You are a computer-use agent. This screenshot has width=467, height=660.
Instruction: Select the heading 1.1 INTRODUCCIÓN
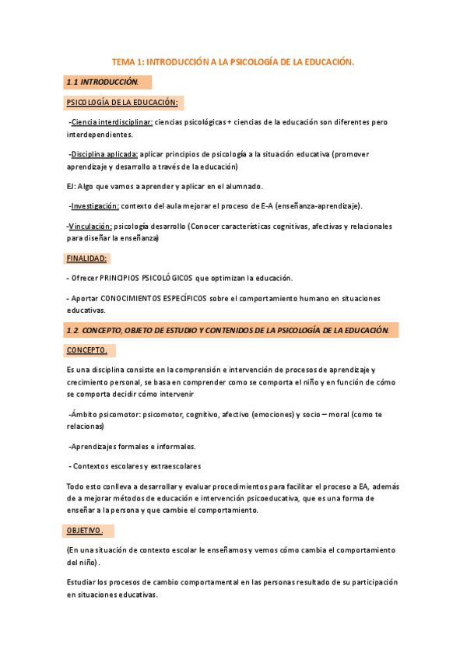pyautogui.click(x=102, y=82)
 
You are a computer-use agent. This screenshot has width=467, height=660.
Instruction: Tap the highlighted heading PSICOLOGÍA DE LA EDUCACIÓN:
pyautogui.click(x=122, y=102)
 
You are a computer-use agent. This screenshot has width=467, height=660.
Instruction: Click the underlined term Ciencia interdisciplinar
pyautogui.click(x=111, y=122)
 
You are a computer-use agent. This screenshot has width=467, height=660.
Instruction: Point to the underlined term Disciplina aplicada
pyautogui.click(x=104, y=154)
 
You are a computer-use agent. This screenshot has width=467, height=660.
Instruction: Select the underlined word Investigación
pyautogui.click(x=95, y=205)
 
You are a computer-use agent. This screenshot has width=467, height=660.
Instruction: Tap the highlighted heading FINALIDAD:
pyautogui.click(x=86, y=258)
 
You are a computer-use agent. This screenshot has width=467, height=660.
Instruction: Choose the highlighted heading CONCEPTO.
pyautogui.click(x=88, y=349)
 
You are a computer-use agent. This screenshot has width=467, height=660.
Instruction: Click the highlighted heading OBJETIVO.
pyautogui.click(x=86, y=530)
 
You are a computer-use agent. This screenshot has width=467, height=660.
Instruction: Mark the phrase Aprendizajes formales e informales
pyautogui.click(x=133, y=446)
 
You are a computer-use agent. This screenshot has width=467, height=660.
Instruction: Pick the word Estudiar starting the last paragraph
pyautogui.click(x=81, y=581)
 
